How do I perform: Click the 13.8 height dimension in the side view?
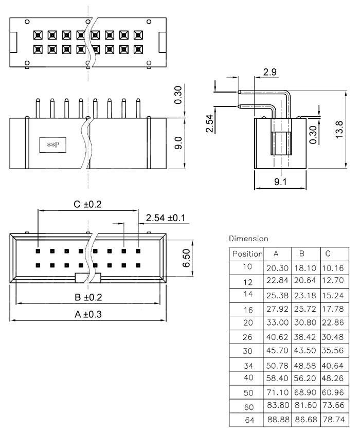point(339,130)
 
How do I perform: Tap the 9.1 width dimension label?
point(280,182)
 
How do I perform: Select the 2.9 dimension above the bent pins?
point(269,72)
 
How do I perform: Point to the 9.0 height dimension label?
point(178,143)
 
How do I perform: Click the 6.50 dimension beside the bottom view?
point(187,258)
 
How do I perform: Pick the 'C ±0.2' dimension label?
point(87,204)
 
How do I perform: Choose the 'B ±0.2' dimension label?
point(88,297)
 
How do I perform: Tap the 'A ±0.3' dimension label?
point(88,314)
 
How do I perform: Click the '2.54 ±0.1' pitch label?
point(166,218)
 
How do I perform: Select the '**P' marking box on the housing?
point(52,145)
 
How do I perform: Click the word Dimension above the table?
point(248,238)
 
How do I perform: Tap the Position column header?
point(247,254)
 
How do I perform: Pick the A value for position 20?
point(277,322)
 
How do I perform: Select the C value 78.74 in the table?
point(334,420)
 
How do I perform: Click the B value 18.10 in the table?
point(305,268)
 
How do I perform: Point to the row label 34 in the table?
point(248,366)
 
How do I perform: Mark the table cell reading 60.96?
point(333,392)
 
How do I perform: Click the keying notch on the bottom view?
point(88,278)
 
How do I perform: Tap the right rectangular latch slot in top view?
point(162,42)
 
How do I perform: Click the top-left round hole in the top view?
point(27,22)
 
